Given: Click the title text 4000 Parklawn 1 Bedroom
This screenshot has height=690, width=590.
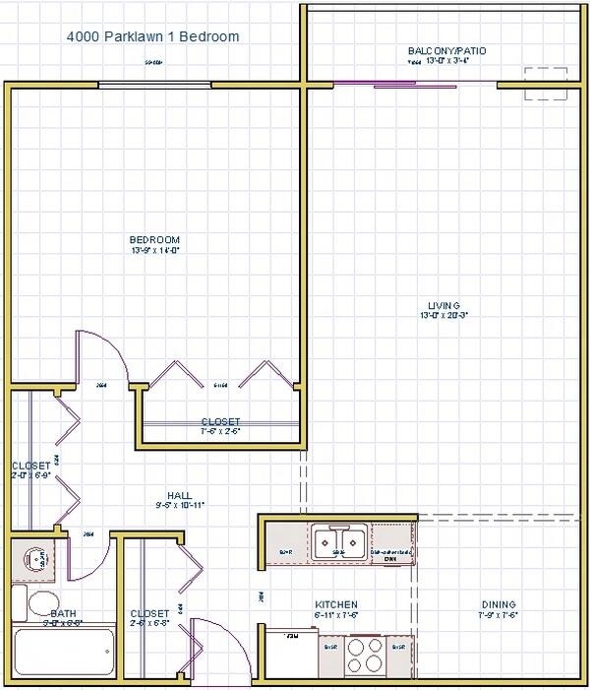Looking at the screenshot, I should pyautogui.click(x=152, y=37).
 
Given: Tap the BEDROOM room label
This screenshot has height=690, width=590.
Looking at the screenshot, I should pyautogui.click(x=155, y=239).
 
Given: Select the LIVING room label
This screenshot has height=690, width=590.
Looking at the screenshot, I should pyautogui.click(x=443, y=304).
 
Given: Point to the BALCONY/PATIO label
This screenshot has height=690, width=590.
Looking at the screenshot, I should pyautogui.click(x=447, y=50).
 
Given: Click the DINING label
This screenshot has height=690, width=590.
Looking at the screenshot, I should pyautogui.click(x=499, y=604).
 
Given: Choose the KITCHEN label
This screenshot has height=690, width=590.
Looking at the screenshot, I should pyautogui.click(x=335, y=604).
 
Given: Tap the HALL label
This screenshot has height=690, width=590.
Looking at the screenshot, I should pyautogui.click(x=179, y=496).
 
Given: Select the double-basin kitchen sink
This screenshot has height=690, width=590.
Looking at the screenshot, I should pyautogui.click(x=339, y=542).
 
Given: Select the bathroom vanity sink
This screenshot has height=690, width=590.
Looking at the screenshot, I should pyautogui.click(x=37, y=560).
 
